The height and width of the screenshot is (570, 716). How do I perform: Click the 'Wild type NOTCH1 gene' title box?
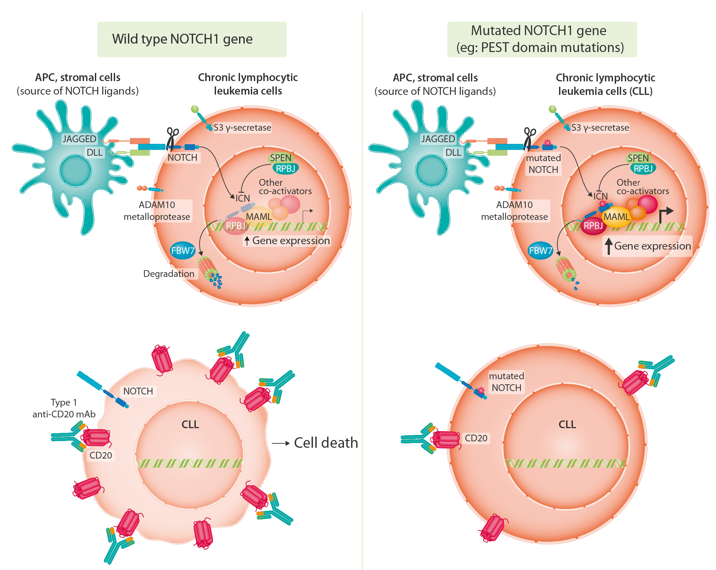click(x=192, y=39)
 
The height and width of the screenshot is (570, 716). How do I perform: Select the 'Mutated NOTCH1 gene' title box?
click(x=541, y=39)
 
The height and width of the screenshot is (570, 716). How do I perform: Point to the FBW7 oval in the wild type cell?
click(x=183, y=251)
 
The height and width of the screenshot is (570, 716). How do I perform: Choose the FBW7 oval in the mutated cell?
click(x=540, y=251)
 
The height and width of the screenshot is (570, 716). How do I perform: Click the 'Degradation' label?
click(x=169, y=274)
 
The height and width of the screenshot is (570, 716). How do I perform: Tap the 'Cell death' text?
click(x=326, y=443)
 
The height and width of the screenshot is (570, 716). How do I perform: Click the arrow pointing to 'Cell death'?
click(x=281, y=443)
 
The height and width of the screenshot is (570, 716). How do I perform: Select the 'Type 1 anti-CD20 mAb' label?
click(x=64, y=408)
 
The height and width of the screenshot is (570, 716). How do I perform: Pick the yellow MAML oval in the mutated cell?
click(x=616, y=216)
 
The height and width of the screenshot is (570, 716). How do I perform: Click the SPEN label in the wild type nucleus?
click(x=280, y=158)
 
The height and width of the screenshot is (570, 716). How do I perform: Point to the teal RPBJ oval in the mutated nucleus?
click(x=643, y=169)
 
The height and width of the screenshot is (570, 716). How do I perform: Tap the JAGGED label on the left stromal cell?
click(x=79, y=139)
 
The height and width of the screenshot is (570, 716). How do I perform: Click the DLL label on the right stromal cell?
click(x=453, y=153)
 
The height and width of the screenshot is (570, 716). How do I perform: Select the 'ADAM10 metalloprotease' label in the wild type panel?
click(x=157, y=211)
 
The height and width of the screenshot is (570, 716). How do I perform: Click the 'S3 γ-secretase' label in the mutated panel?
click(x=600, y=128)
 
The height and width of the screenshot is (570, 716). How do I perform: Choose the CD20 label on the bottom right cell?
click(x=476, y=438)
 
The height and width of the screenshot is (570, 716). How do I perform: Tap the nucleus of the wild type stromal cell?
click(x=75, y=170)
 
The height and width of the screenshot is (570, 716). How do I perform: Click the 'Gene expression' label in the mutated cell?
click(x=652, y=246)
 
